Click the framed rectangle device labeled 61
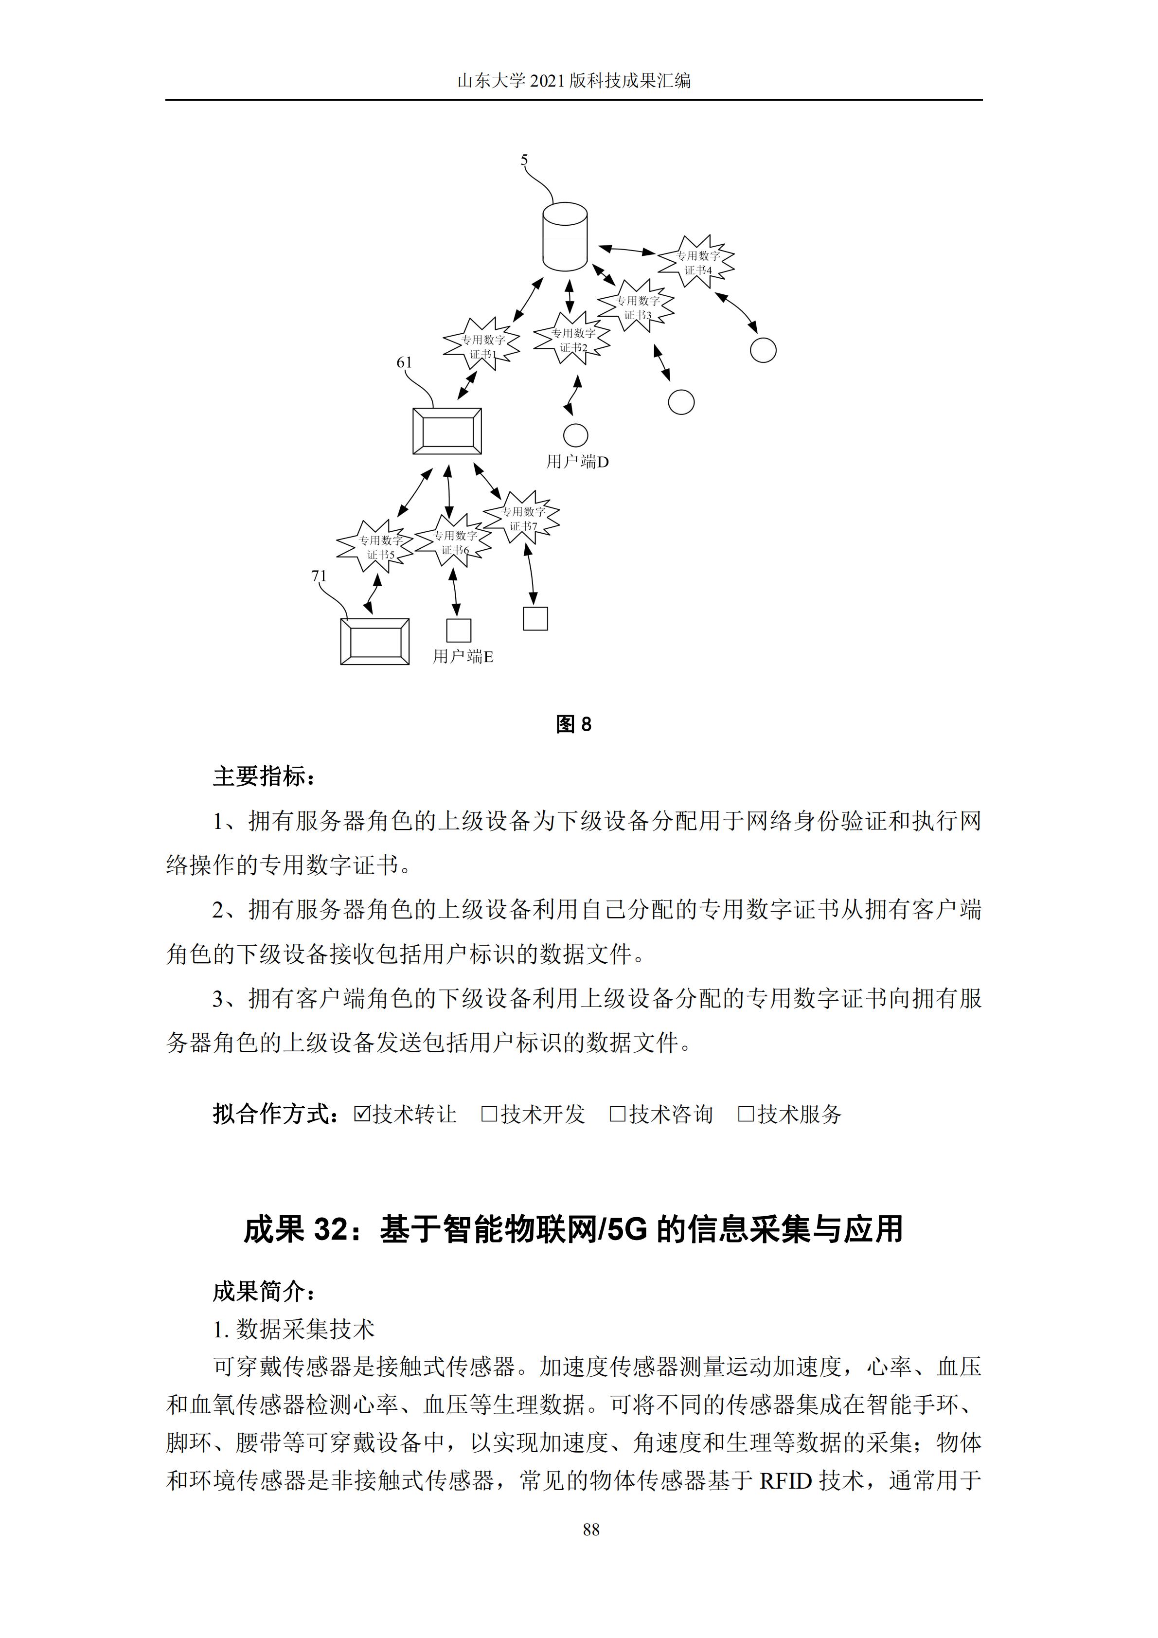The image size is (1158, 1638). pos(447,431)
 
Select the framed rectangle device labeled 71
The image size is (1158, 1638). pos(375,641)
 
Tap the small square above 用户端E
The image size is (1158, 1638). pos(459,630)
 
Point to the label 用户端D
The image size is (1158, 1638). pos(578,462)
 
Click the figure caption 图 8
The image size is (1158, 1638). pos(574,725)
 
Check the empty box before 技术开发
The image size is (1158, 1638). pos(489,1114)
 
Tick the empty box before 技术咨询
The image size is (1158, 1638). pos(618,1114)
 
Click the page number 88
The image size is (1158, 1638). pos(591,1530)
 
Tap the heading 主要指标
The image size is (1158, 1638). pos(263,776)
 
